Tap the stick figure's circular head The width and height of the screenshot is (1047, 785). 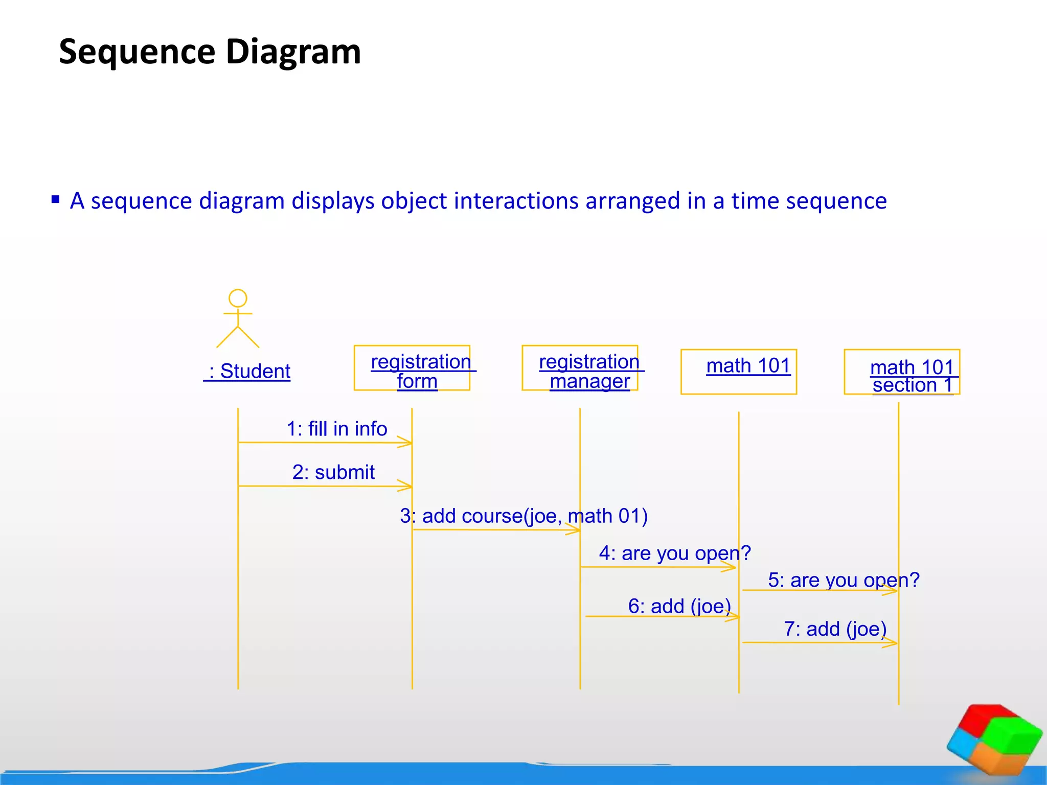(238, 298)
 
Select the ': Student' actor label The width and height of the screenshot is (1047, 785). (247, 371)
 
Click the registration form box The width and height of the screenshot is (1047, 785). (412, 368)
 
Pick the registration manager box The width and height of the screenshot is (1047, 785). (580, 368)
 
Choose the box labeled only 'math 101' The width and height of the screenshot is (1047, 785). (739, 372)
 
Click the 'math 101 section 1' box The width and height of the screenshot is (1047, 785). (902, 372)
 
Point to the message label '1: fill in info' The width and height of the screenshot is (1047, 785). (336, 428)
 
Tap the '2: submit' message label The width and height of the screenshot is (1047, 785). (333, 472)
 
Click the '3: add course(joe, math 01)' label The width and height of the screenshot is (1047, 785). (523, 516)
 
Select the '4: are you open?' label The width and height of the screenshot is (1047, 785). (675, 553)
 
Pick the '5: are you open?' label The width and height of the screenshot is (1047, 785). (844, 580)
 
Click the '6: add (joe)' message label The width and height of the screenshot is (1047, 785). (679, 606)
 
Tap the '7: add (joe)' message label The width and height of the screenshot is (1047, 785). (835, 629)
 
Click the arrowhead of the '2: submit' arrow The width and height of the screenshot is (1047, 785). (406, 486)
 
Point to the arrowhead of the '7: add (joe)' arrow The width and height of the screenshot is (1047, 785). (892, 643)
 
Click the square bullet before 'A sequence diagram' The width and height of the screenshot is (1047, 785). (56, 199)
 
